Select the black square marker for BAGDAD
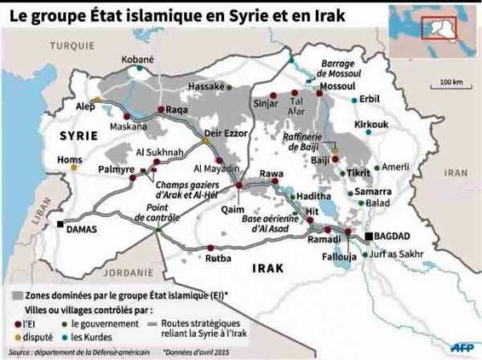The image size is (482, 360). [x=369, y=235]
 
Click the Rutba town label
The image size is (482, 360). [x=219, y=258]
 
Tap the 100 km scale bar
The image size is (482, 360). [x=451, y=88]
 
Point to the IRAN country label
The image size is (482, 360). [x=456, y=172]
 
